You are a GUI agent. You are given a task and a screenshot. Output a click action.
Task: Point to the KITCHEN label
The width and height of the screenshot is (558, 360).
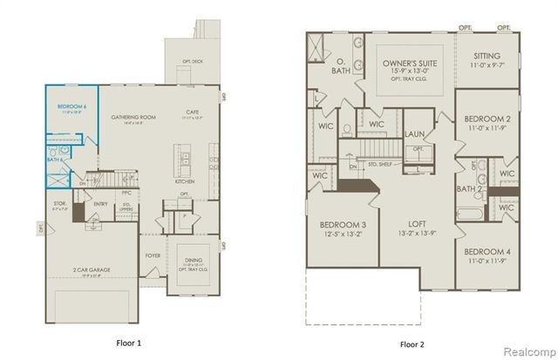pos(185,181)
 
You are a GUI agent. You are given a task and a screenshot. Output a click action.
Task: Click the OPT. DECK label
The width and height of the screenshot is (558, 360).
pos(193,61)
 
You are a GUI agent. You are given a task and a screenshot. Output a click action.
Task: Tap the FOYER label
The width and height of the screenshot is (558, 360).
pos(153,256)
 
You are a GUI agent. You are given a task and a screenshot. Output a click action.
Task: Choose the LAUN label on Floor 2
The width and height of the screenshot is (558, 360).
pos(415,134)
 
